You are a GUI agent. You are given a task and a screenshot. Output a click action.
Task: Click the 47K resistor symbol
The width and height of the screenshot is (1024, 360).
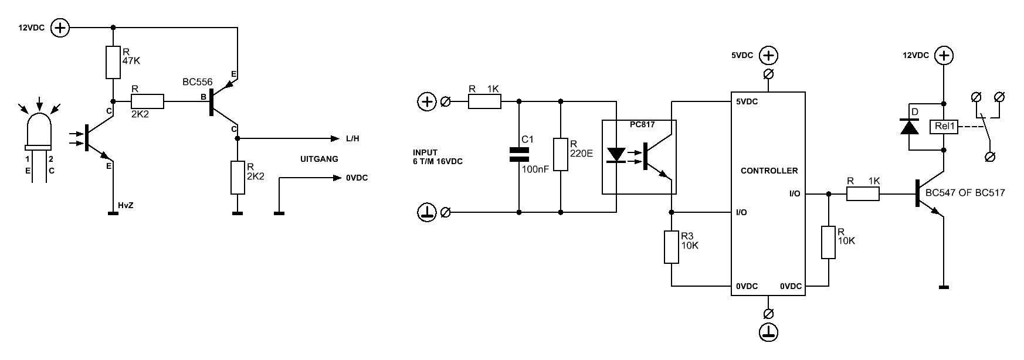coord(113,62)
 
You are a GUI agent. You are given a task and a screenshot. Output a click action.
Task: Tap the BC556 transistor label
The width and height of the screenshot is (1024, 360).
coord(198,83)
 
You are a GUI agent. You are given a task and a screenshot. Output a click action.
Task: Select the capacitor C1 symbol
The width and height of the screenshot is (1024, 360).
coord(519,154)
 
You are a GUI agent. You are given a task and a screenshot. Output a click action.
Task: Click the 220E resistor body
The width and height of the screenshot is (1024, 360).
coord(561,154)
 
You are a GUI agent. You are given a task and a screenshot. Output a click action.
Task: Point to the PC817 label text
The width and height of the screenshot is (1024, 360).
coord(642,125)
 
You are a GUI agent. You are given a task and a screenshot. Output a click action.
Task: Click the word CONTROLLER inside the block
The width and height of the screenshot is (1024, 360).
coord(769,171)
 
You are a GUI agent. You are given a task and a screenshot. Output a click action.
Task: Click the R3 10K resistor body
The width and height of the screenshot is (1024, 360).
coord(672,247)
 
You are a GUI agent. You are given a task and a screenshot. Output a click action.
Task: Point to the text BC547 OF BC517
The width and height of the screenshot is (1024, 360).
coord(965,193)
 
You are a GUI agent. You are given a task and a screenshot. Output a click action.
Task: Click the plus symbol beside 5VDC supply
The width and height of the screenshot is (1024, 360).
coord(769,56)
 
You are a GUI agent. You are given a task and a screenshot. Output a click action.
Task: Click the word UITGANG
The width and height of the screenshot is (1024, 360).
coord(319,159)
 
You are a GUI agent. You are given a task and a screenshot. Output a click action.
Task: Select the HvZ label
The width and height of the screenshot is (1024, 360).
coord(126,205)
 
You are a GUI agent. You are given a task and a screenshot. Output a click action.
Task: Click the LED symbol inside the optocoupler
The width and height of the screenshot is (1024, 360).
coord(616,155)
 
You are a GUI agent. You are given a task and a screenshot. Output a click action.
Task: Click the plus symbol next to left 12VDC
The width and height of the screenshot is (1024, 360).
coord(60,28)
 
